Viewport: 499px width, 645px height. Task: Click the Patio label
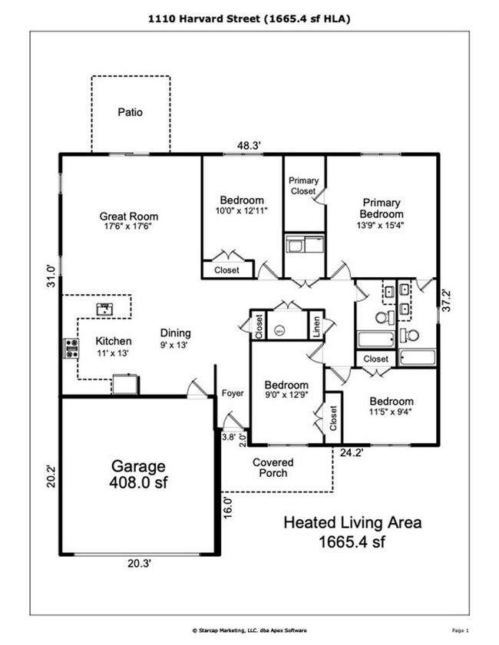click(131, 112)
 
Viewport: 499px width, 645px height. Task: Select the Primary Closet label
click(303, 186)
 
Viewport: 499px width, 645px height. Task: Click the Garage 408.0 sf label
click(139, 474)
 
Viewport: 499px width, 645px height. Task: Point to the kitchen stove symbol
click(71, 349)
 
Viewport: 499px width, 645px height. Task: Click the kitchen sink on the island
click(104, 309)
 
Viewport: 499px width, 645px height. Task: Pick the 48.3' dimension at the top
click(249, 144)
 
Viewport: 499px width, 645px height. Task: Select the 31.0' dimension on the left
click(51, 275)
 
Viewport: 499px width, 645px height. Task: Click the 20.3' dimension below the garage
click(139, 563)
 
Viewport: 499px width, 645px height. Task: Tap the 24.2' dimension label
click(352, 453)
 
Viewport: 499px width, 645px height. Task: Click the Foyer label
click(233, 393)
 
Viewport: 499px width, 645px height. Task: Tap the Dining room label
click(175, 339)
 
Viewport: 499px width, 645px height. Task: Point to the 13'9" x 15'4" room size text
click(382, 225)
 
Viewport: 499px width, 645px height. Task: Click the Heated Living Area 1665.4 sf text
click(352, 531)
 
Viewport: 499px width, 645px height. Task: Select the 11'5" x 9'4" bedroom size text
click(391, 412)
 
